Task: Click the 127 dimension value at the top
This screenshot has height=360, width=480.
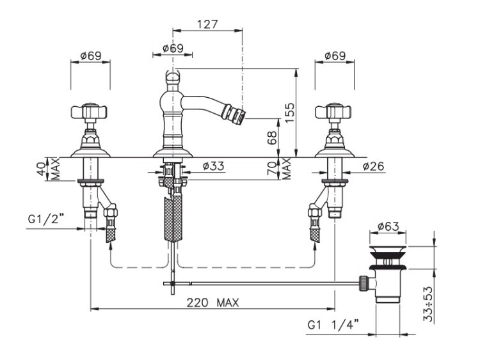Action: tap(207, 24)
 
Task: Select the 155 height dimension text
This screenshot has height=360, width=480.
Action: tap(290, 113)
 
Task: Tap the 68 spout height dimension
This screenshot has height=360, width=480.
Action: tap(271, 137)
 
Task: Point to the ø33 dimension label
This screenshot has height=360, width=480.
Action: tap(213, 166)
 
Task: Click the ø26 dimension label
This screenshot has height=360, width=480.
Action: tap(373, 166)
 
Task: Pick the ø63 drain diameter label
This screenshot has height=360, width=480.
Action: tap(388, 226)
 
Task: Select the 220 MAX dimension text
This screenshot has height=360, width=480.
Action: tap(212, 303)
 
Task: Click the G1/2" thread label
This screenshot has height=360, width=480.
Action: tap(46, 219)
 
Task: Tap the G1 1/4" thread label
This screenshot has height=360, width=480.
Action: tap(333, 325)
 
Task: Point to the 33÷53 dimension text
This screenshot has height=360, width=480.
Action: tap(429, 304)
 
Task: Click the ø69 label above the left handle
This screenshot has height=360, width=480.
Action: tap(91, 56)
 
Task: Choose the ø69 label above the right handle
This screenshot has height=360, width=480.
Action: tap(335, 56)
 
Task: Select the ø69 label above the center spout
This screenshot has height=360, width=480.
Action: tap(173, 49)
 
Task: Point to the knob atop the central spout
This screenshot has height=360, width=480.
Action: tap(173, 77)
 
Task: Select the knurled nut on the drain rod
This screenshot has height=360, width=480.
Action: tap(364, 283)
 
